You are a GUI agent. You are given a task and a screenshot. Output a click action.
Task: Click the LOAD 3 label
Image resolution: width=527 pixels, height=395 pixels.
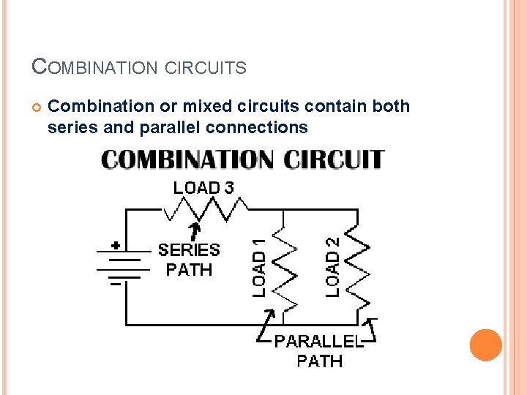(x=203, y=187)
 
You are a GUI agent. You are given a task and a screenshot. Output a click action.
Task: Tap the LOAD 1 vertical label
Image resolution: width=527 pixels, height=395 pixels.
(x=259, y=268)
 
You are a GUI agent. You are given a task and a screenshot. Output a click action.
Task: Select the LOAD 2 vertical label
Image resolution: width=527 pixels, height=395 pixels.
(x=333, y=265)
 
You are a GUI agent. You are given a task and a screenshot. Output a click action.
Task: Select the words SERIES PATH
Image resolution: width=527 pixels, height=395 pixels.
(x=189, y=260)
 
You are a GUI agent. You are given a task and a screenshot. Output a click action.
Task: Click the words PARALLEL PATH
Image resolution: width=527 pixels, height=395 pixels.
(x=319, y=351)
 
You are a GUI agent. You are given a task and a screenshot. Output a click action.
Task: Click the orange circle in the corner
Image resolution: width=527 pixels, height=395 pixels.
(x=486, y=345)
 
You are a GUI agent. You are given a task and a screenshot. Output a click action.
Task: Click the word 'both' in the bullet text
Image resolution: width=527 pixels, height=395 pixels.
(x=392, y=107)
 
